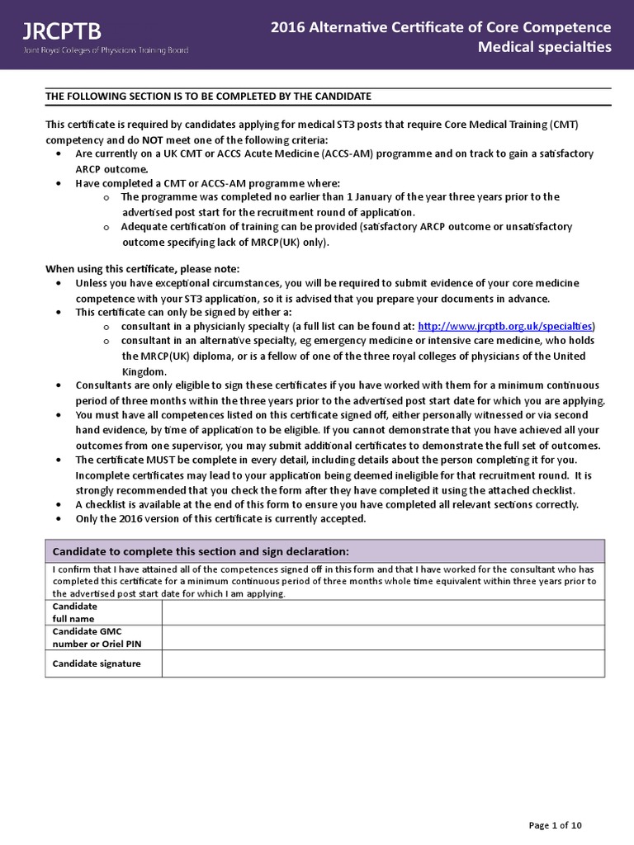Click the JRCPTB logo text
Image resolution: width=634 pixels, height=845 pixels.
[63, 31]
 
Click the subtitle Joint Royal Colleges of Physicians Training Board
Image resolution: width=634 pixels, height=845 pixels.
[106, 50]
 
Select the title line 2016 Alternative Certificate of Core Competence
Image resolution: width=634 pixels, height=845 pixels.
[442, 28]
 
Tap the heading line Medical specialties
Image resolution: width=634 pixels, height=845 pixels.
[545, 47]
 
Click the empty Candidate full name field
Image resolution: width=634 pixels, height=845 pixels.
[383, 612]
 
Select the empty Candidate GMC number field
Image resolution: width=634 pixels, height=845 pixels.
[383, 638]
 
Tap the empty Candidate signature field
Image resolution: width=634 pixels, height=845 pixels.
[383, 664]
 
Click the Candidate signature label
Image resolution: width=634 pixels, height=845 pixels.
[97, 663]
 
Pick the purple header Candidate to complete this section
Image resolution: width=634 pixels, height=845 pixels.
[201, 551]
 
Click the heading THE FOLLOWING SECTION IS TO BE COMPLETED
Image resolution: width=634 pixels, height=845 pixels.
[208, 97]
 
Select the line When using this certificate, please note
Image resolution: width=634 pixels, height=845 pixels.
[142, 269]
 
